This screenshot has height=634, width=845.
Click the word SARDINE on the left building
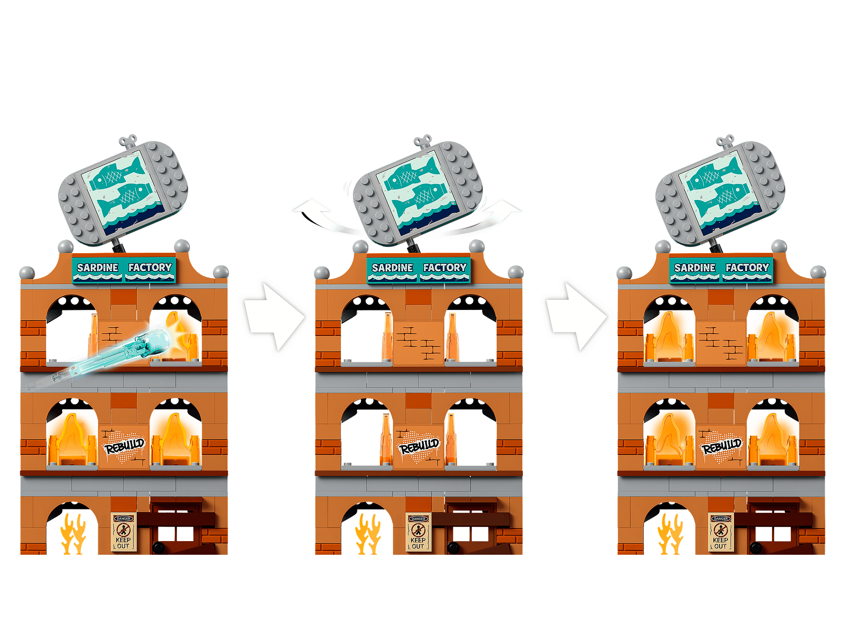[97, 268]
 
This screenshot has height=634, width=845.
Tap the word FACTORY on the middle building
[445, 268]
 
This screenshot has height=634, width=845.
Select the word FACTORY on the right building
[747, 268]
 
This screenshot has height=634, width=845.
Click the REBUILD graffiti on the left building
[124, 446]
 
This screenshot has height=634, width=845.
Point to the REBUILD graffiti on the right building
[721, 446]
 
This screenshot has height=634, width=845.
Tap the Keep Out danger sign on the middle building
[418, 532]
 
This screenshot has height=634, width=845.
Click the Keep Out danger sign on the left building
[123, 532]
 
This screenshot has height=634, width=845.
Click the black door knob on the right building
[755, 548]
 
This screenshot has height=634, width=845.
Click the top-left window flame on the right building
[669, 337]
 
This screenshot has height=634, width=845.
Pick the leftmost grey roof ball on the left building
[27, 273]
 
